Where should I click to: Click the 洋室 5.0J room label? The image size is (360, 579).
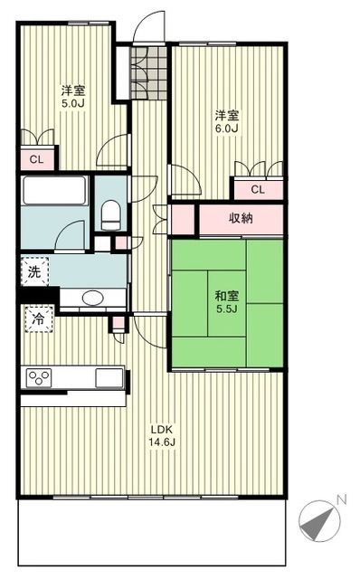[x=72, y=98]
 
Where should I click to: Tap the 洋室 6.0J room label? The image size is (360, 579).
[x=226, y=121]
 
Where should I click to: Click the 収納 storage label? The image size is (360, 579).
[x=240, y=218]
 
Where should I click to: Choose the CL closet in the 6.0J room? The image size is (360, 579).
[x=257, y=189]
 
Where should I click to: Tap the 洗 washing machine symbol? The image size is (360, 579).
[x=33, y=271]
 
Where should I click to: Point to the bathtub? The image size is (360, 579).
[x=53, y=192]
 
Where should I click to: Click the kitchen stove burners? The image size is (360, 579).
[x=41, y=377]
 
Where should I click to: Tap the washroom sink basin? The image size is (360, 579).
[x=92, y=298]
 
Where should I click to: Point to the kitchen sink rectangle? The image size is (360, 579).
[x=109, y=376]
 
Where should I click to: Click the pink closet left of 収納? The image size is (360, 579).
[x=183, y=220]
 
